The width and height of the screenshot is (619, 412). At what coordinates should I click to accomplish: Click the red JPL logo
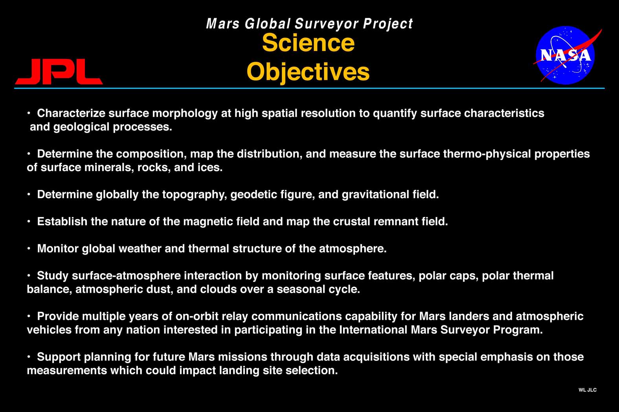pyautogui.click(x=59, y=71)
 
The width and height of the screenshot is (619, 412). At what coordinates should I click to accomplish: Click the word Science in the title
pyautogui.click(x=308, y=43)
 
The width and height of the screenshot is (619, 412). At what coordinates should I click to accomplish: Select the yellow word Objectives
pyautogui.click(x=308, y=72)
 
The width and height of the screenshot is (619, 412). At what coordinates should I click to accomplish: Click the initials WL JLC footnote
pyautogui.click(x=588, y=390)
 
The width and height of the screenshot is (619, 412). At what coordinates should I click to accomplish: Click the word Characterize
pyautogui.click(x=71, y=113)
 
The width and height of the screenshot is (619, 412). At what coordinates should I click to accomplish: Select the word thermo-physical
pyautogui.click(x=487, y=154)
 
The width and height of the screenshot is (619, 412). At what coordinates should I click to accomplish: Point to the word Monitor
pyautogui.click(x=58, y=248)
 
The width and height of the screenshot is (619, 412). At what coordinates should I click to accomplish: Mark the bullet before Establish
pyautogui.click(x=29, y=221)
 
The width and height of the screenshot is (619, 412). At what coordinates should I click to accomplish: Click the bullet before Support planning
pyautogui.click(x=29, y=357)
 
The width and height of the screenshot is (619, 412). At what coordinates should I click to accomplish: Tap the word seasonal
pyautogui.click(x=301, y=290)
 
